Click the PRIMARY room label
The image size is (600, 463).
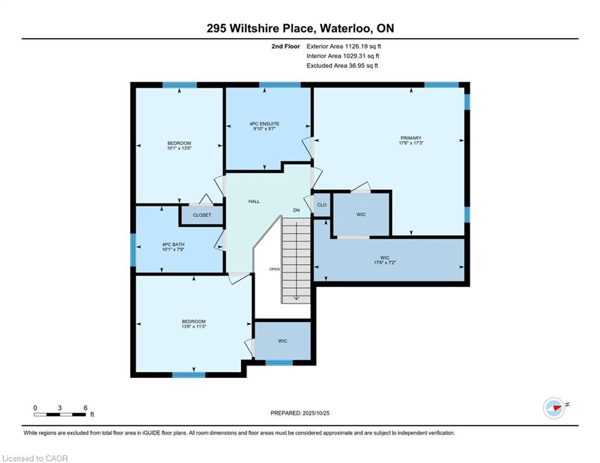411,137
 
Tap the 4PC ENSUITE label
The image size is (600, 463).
264,124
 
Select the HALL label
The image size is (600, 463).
254,201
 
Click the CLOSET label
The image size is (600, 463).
202,215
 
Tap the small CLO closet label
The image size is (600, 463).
322,205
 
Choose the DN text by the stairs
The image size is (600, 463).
297,210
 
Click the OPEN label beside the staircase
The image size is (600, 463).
274,269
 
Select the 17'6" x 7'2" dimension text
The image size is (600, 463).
385,262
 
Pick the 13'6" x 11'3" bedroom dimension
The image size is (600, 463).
194,326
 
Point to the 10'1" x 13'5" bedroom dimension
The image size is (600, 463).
179,148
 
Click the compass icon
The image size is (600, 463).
554,408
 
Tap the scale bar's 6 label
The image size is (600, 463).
86,408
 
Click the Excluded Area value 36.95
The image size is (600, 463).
356,66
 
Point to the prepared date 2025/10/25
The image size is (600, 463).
316,413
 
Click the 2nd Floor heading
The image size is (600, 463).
286,46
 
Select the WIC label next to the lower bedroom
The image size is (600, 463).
283,341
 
